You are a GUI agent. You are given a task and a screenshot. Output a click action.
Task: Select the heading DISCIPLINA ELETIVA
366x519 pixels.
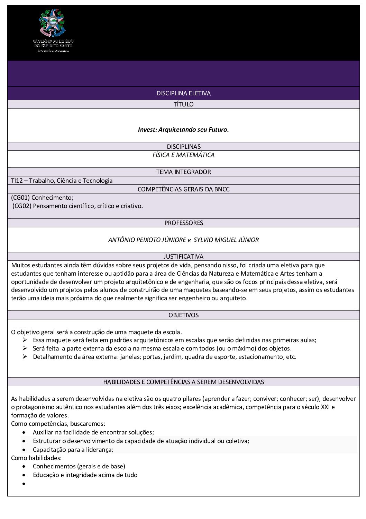click(183, 93)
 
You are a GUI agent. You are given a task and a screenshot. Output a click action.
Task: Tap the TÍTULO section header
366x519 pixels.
click(183, 104)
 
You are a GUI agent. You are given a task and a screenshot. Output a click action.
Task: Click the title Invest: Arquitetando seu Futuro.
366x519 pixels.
click(183, 130)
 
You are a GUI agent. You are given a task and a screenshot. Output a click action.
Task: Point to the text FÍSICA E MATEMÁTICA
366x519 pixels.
click(183, 155)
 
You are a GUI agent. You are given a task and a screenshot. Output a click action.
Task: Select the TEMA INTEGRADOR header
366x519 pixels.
click(183, 172)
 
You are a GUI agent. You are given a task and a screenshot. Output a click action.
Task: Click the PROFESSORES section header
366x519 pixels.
click(183, 223)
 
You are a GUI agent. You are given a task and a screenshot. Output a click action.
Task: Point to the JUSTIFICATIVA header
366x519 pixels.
click(183, 257)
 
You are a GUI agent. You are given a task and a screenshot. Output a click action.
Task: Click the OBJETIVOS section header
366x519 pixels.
click(183, 315)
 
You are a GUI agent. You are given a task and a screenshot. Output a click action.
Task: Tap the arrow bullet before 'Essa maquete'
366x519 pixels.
click(25, 340)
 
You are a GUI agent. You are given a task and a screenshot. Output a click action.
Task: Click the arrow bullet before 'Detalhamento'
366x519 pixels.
click(25, 357)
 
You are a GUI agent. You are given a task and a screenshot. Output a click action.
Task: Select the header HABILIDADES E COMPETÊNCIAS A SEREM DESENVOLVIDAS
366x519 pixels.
click(183, 382)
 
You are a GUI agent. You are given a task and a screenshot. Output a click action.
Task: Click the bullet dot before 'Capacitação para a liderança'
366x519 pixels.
click(24, 450)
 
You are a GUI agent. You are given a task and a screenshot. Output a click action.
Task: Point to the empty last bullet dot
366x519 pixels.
click(24, 483)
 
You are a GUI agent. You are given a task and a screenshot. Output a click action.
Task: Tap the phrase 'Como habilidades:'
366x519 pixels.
click(36, 458)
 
